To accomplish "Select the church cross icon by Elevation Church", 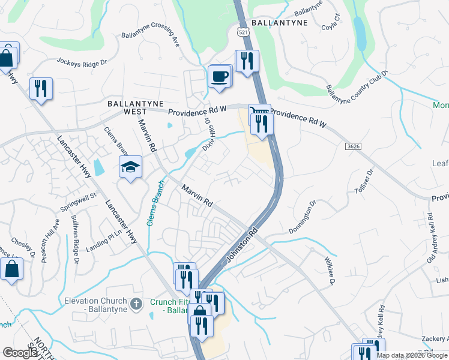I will (136, 304).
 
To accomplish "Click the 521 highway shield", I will (243, 31).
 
